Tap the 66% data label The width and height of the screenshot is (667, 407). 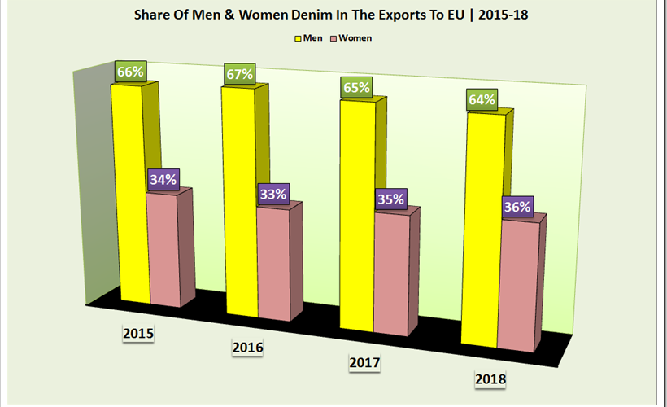click(x=130, y=71)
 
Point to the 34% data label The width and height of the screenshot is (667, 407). click(x=163, y=180)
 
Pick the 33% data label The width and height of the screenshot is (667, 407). click(x=273, y=194)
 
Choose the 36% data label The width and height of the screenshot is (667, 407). click(x=517, y=207)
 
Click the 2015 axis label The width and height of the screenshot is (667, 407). click(x=138, y=333)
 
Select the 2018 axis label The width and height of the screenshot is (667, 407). click(x=490, y=379)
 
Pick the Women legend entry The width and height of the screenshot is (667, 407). click(x=349, y=37)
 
